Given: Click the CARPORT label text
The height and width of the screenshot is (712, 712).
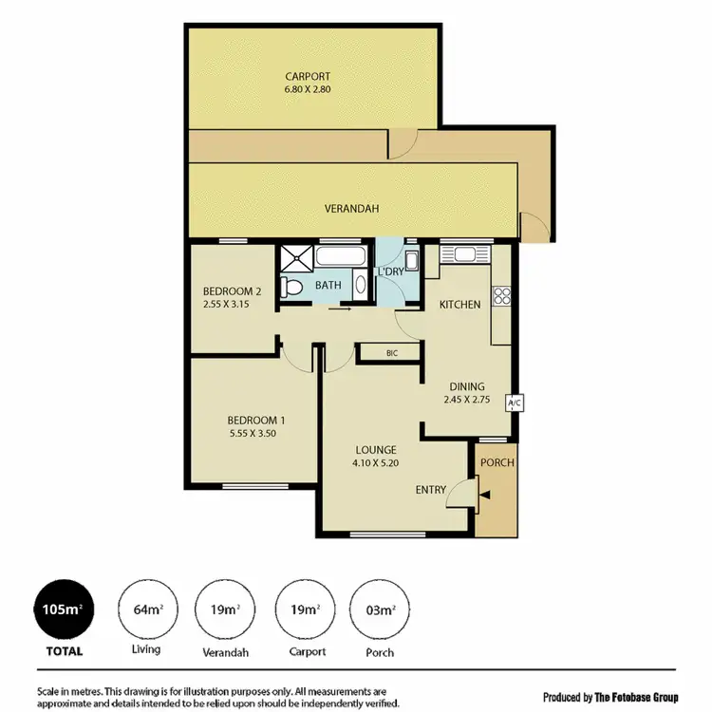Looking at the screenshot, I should [x=307, y=77].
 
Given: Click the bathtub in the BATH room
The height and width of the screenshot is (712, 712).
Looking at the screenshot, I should [x=341, y=256].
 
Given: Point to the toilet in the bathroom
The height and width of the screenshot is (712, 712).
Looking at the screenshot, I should [x=294, y=286].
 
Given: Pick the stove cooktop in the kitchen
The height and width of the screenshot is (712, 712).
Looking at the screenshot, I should [x=502, y=294].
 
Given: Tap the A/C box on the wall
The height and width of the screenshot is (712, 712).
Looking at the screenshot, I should [x=515, y=403].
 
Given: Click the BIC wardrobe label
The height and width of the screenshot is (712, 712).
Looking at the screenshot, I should [x=391, y=353].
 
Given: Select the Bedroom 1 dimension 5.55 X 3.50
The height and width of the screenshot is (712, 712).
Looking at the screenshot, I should [x=256, y=433].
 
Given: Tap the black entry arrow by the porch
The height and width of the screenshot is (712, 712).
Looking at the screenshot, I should [x=485, y=494].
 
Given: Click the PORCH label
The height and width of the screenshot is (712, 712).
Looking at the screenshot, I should [x=497, y=463].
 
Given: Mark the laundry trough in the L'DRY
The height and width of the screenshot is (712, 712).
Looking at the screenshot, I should [x=412, y=261].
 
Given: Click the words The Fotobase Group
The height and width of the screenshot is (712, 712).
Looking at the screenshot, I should [x=636, y=698].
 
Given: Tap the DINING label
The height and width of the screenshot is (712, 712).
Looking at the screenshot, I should [x=467, y=386].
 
